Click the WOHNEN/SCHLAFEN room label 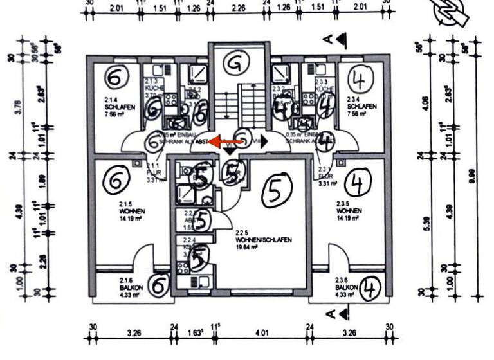pos(264,239)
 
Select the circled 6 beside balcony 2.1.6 pos(159,283)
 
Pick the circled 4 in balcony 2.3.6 pos(370,287)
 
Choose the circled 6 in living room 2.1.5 pos(116,183)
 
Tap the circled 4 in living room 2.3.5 pos(357,184)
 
